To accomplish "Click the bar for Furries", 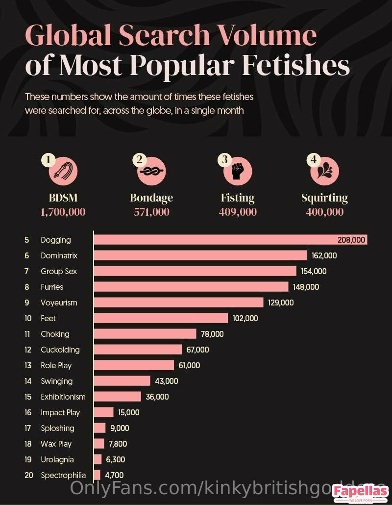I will coord(191,287).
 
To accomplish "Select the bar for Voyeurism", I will coord(178,303).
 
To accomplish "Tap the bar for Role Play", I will coord(134,365).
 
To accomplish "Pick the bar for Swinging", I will coord(122,381).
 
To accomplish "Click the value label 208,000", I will coord(351,240).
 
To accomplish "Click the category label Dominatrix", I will coord(59,255).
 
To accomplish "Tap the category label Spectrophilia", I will coord(63,475).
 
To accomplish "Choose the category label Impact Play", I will coord(60,412).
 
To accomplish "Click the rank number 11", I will coord(27,334).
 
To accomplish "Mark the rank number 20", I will coord(27,475).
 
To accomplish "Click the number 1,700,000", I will coord(63,212).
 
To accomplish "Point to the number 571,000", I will coord(151,212).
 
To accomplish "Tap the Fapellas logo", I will coord(361,492).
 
